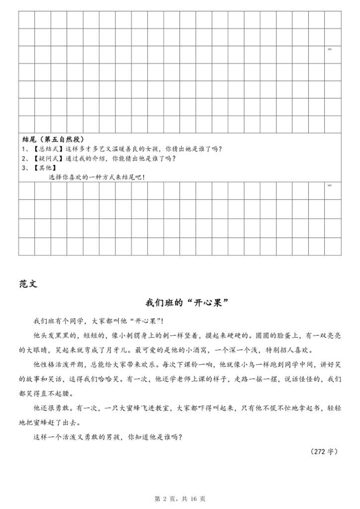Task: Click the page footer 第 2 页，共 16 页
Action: pyautogui.click(x=180, y=498)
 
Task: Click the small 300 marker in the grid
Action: pyautogui.click(x=330, y=49)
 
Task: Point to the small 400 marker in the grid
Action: pyautogui.click(x=330, y=186)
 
